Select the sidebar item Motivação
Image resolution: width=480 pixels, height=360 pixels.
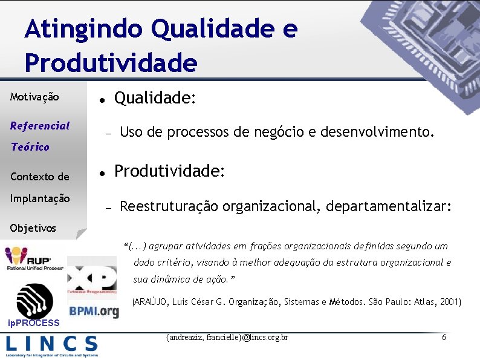(x=34, y=97)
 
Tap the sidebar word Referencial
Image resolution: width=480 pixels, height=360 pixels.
(x=40, y=126)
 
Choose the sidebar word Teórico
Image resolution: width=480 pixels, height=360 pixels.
(x=30, y=147)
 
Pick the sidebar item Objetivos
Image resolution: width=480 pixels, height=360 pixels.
(x=33, y=228)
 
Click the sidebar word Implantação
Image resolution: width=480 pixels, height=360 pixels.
(x=40, y=198)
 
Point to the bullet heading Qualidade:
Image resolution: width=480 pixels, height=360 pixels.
(x=155, y=98)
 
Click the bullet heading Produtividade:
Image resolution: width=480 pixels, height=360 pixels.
(x=170, y=172)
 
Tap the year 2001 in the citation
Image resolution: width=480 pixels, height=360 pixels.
(x=449, y=301)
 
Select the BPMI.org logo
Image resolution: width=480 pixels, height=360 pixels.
(x=94, y=311)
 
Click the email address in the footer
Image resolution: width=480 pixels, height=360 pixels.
(x=227, y=337)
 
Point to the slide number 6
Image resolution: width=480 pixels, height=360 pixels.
(x=444, y=337)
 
